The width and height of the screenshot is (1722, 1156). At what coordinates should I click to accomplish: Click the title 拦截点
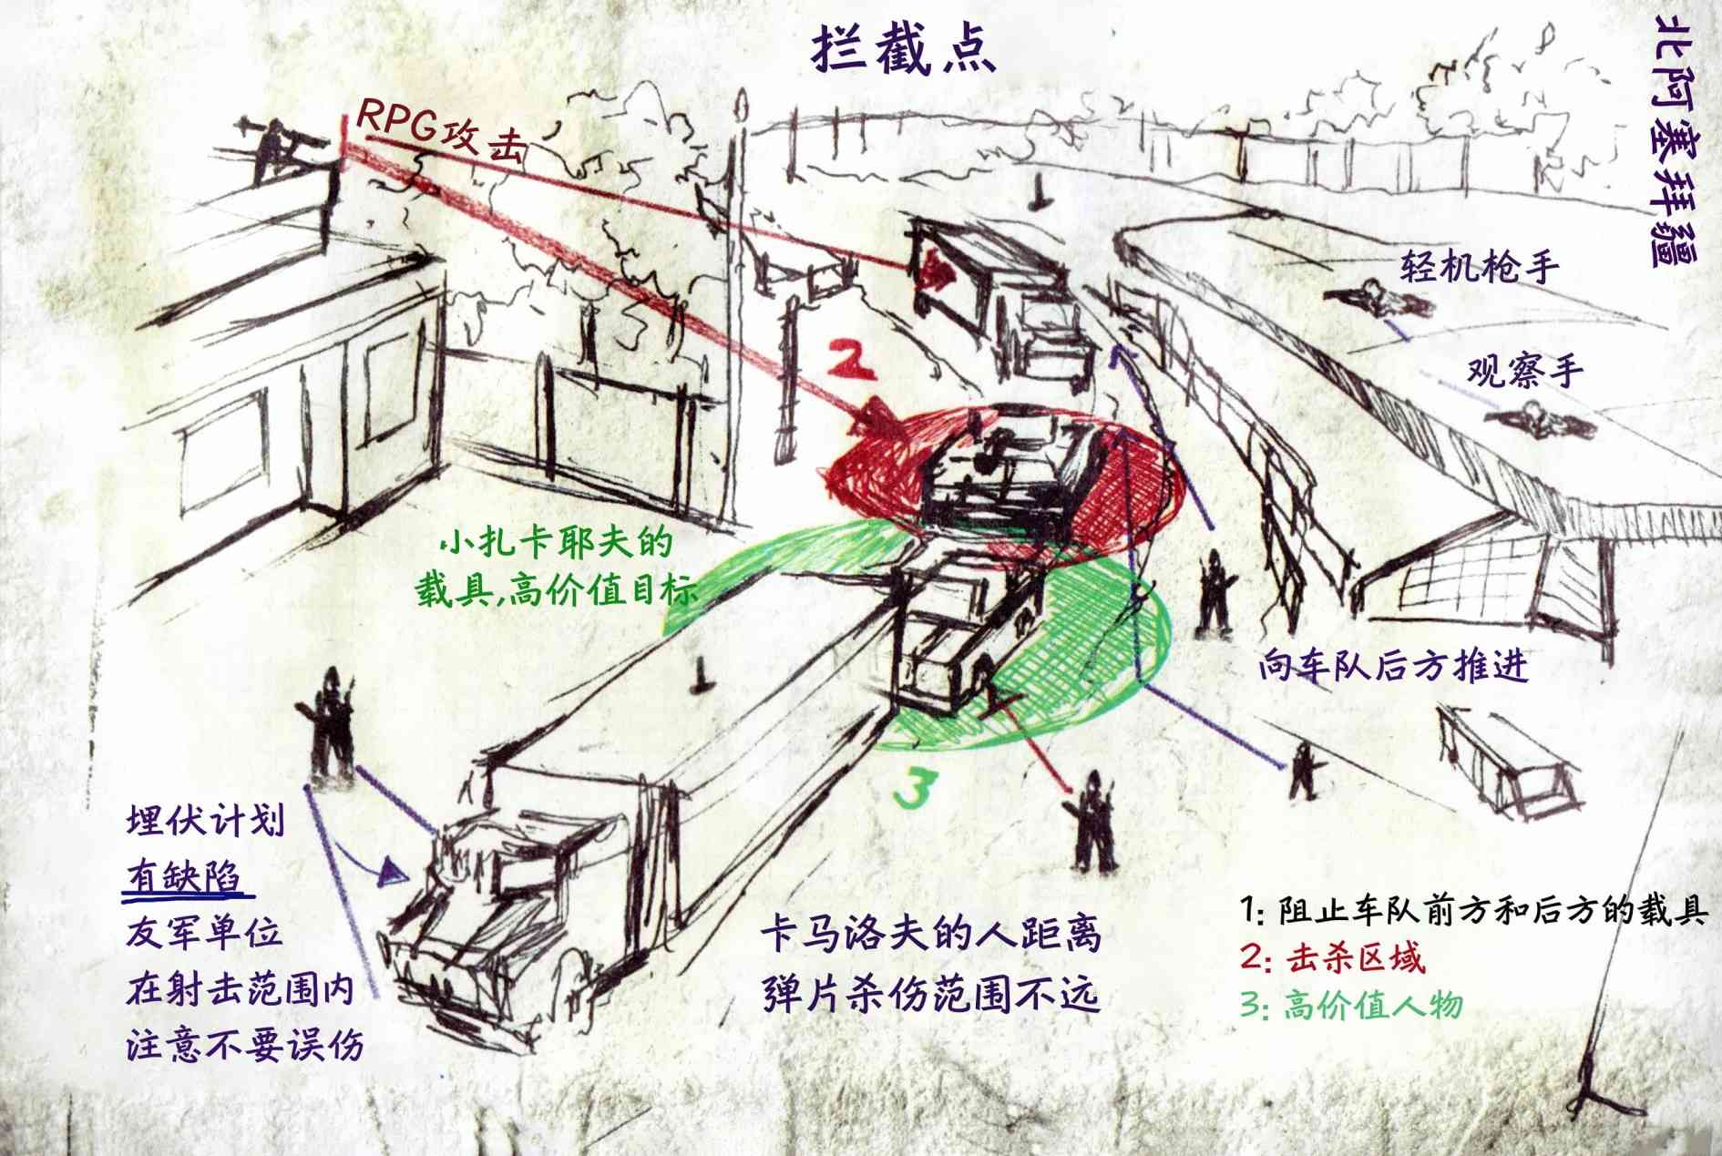pos(901,50)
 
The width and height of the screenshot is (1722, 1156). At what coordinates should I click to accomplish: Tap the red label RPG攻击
pos(441,132)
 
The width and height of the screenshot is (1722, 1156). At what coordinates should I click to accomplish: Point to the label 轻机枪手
pos(1478,267)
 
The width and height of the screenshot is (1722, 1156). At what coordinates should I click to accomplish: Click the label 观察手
pos(1524,372)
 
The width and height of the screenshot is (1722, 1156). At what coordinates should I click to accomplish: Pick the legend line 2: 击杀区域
pos(1331,957)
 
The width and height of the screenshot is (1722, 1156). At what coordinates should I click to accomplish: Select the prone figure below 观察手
pos(1540,421)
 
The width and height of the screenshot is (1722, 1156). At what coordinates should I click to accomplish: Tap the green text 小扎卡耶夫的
pos(556,544)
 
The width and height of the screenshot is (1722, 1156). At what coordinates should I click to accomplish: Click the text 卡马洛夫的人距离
pos(930,935)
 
